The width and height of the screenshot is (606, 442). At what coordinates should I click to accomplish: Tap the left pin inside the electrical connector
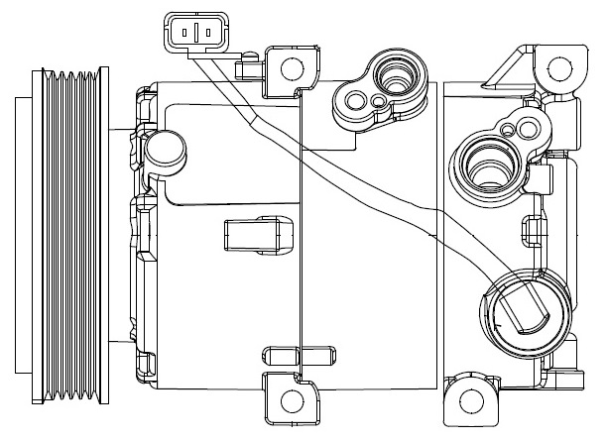tap(184, 33)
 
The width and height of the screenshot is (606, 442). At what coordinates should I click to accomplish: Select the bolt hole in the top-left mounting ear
tap(291, 68)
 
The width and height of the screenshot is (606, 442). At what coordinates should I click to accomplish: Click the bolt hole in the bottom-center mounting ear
tap(291, 400)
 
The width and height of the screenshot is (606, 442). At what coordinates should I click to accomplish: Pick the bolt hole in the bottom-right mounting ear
tap(473, 403)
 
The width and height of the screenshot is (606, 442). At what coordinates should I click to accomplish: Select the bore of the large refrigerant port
tap(485, 164)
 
